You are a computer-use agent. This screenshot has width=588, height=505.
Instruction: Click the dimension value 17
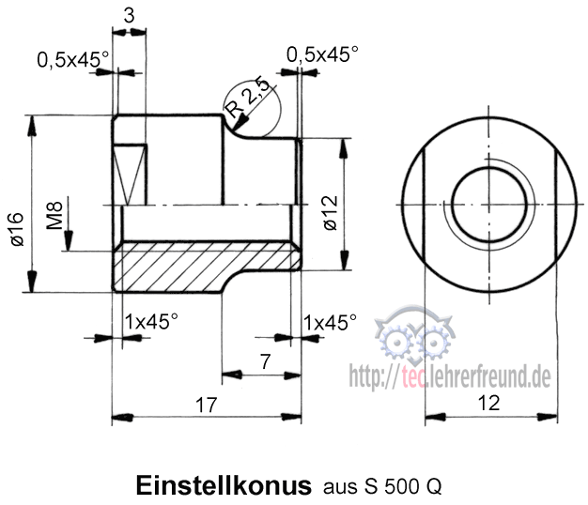(x=207, y=406)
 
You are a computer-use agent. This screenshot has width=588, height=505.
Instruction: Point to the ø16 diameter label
(x=16, y=231)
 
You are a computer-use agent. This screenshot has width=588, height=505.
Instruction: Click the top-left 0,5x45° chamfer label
(x=73, y=59)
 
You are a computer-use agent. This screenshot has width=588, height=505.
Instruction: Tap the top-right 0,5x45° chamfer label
(x=322, y=54)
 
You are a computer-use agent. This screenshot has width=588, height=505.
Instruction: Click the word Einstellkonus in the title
(x=224, y=486)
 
